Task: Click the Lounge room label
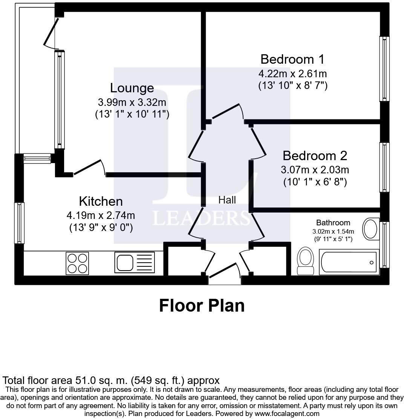[132, 88]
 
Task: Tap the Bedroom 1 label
[292, 59]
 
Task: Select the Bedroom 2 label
[315, 156]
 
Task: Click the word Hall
[227, 200]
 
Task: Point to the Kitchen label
[101, 201]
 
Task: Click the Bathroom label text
[333, 223]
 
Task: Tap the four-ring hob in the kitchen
[78, 263]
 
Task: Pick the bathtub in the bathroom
[348, 262]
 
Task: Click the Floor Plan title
[202, 306]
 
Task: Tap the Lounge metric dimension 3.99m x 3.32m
[132, 102]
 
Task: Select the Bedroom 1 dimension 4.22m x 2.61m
[292, 73]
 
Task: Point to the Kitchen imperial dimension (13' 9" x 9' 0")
[101, 228]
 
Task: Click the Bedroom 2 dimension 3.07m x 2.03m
[315, 170]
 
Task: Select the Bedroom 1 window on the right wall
[384, 69]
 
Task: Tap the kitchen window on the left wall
[19, 223]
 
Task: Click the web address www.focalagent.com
[287, 413]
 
